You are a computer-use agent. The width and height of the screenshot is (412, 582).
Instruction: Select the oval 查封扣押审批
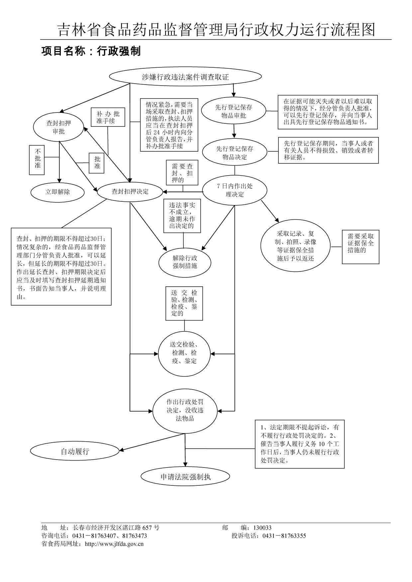pos(58,127)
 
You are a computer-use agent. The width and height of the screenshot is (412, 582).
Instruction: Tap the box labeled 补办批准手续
pos(108,117)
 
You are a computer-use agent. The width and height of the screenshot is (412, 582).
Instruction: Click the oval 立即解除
pos(58,192)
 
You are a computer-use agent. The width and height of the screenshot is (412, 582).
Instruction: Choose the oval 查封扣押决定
pos(130,192)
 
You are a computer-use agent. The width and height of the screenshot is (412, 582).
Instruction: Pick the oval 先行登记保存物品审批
pos(234,111)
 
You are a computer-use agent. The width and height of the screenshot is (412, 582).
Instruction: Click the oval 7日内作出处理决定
pos(235,190)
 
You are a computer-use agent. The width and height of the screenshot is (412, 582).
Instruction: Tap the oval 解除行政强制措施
pos(185,262)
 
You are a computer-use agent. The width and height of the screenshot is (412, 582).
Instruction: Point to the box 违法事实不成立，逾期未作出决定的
pos(182,216)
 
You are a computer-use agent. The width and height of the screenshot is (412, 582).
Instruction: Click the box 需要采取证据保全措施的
pos(360,247)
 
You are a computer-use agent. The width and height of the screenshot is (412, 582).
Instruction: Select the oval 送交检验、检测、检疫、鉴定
pos(184,353)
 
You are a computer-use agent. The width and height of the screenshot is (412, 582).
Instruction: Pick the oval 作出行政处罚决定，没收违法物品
pos(185,410)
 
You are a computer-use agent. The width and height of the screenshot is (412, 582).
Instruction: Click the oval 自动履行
pos(75,451)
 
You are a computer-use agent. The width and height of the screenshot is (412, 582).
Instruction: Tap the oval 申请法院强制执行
pos(185,477)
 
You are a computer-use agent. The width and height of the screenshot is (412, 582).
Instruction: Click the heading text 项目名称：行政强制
pos(91,51)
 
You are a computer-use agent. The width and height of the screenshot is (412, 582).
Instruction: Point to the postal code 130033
pos(262,528)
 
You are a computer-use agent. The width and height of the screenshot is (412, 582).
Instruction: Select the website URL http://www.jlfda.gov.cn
pos(114,544)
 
